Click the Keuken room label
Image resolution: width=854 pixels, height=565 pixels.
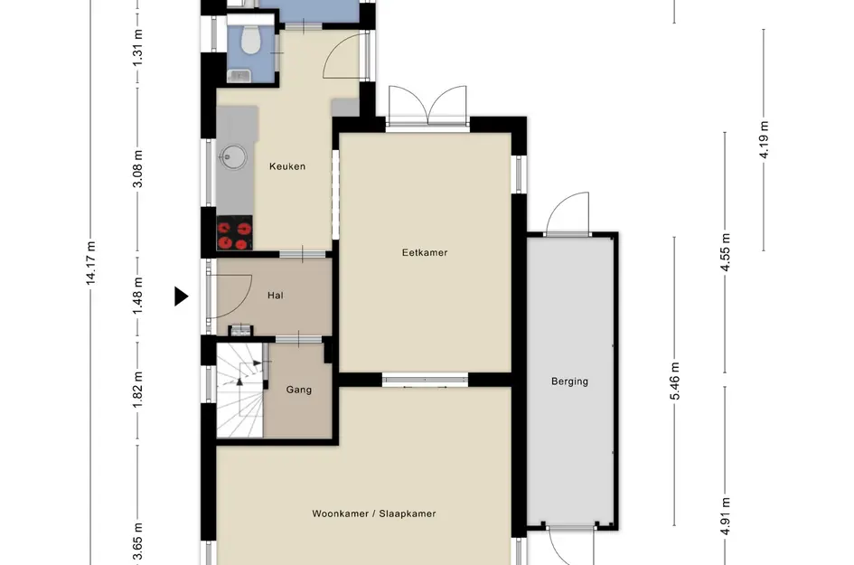pos(287,166)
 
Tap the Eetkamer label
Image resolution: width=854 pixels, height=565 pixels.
pos(425,252)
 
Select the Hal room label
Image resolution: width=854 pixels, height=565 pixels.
pos(275,296)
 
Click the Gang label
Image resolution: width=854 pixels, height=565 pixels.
pos(299,390)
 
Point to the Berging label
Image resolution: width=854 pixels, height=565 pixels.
pos(569,381)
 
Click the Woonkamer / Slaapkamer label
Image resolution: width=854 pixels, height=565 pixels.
pos(373,513)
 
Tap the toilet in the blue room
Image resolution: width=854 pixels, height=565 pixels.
pos(250,39)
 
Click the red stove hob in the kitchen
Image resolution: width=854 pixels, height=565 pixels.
pos(235,232)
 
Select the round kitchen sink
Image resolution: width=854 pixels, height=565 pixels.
pos(232,157)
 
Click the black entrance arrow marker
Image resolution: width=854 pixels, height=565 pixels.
pos(181,297)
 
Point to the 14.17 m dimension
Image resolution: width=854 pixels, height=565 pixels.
pos(91,263)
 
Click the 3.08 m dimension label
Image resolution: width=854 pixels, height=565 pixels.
pos(137,169)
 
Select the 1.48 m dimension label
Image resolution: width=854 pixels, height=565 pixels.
pos(137,296)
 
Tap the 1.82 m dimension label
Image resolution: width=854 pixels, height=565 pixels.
pos(137,390)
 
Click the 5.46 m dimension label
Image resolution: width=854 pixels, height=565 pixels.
pos(675,381)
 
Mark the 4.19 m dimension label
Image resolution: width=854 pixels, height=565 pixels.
pos(764,139)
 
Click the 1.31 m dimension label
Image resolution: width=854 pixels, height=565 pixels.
pos(137,47)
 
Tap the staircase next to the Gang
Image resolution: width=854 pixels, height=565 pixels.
pos(239,391)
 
